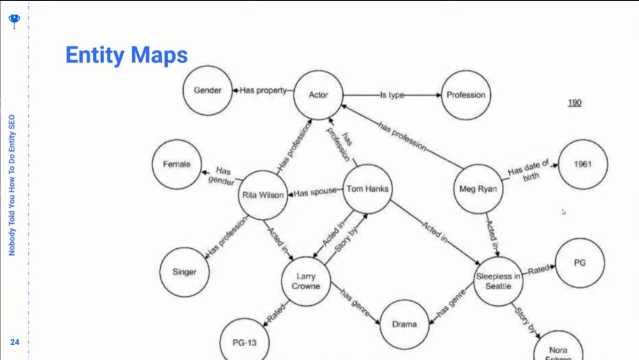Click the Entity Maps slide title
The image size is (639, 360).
pyautogui.click(x=126, y=55)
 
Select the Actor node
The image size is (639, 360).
pyautogui.click(x=318, y=95)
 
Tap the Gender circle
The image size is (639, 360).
pyautogui.click(x=207, y=91)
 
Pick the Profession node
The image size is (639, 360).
pyautogui.click(x=466, y=95)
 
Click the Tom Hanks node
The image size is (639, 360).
pyautogui.click(x=367, y=189)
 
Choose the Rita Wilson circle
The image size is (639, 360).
pyautogui.click(x=263, y=195)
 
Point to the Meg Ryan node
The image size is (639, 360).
pyautogui.click(x=478, y=189)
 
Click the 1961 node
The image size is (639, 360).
pyautogui.click(x=583, y=164)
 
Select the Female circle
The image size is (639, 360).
pyautogui.click(x=176, y=165)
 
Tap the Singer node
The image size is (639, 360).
pyautogui.click(x=184, y=272)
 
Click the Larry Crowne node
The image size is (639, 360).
pyautogui.click(x=306, y=281)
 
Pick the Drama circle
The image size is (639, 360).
pyautogui.click(x=404, y=324)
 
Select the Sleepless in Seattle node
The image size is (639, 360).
pyautogui.click(x=498, y=281)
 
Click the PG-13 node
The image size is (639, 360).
pyautogui.click(x=244, y=342)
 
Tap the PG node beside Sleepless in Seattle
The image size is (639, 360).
pyautogui.click(x=579, y=263)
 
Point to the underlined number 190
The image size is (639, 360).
pyautogui.click(x=574, y=103)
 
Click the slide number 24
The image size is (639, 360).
pyautogui.click(x=14, y=342)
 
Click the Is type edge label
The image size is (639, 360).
pyautogui.click(x=391, y=95)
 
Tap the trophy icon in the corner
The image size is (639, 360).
pyautogui.click(x=14, y=21)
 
